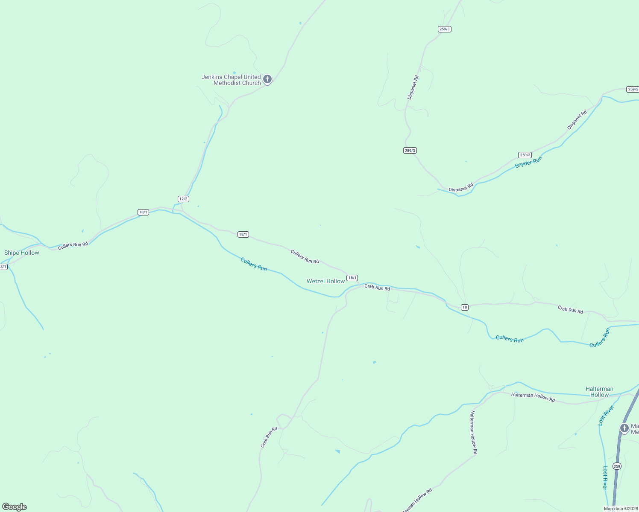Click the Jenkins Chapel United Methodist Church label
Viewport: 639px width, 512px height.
coord(231,80)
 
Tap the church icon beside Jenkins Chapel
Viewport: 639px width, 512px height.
coord(267,79)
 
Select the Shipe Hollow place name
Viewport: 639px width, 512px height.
coord(22,253)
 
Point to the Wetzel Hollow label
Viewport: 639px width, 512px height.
coord(325,281)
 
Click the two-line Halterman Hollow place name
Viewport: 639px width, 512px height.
coord(599,392)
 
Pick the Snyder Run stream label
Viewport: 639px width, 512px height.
coord(528,162)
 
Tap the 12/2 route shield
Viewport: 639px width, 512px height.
coord(183,199)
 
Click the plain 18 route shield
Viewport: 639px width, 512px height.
coord(465,307)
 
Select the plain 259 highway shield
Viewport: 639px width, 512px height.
coord(617,466)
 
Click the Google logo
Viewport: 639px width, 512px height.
coord(15,507)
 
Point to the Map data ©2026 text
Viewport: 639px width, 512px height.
coord(621,509)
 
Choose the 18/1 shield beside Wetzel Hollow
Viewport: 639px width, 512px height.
coord(352,278)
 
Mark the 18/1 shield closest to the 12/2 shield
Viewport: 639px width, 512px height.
coord(143,212)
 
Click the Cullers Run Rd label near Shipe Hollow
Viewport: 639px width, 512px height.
coord(73,245)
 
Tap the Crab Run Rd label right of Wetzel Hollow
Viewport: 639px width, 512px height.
coord(377,288)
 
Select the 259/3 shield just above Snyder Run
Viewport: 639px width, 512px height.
coord(525,155)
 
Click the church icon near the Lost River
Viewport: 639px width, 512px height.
coord(624,428)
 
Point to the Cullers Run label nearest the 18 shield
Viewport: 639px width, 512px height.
coord(510,339)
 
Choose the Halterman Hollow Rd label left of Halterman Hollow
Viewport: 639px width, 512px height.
coord(533,397)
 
